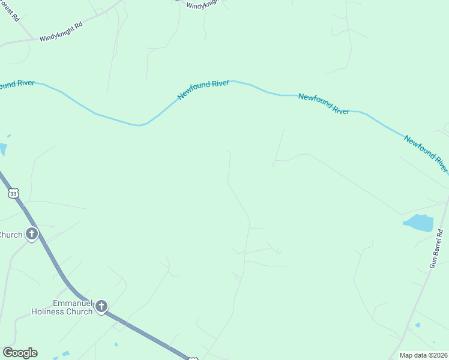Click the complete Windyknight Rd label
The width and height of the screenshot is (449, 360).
tap(61, 32)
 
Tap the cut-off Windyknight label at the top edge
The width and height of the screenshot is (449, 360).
tap(203, 5)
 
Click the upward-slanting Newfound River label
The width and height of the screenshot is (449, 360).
tap(203, 91)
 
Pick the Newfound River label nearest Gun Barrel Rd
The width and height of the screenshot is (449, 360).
tap(426, 153)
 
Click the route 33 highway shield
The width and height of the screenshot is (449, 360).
tap(13, 193)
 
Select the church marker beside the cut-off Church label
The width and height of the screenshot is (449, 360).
tap(31, 234)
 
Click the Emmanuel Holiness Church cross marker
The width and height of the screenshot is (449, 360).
tap(101, 307)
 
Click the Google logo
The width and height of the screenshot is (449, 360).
tap(20, 353)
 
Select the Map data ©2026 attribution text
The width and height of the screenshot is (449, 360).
tap(423, 355)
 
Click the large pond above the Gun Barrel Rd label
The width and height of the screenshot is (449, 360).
tap(418, 223)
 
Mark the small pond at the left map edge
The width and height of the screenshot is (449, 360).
tap(2, 149)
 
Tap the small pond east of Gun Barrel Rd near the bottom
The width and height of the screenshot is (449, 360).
tap(417, 325)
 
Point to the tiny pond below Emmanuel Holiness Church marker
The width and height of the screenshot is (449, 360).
tap(116, 344)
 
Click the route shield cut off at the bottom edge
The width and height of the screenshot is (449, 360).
tap(193, 358)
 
